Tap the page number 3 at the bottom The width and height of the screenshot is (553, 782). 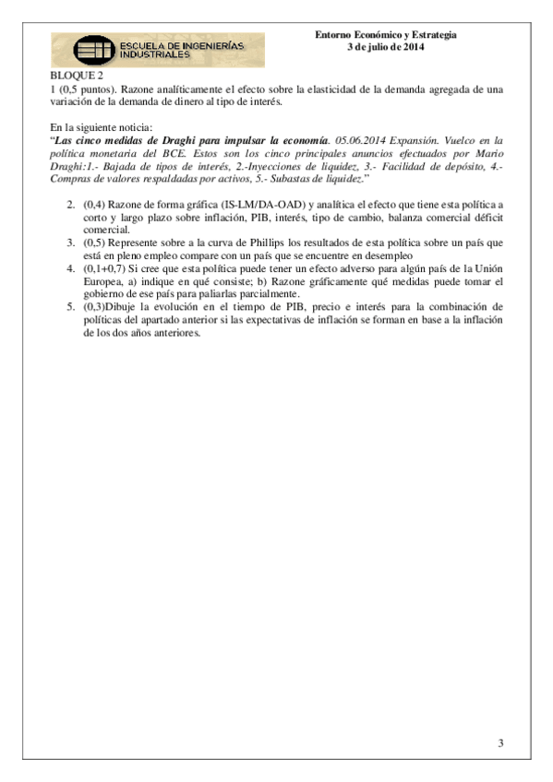500,742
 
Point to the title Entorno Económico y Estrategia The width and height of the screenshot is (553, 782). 385,35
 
